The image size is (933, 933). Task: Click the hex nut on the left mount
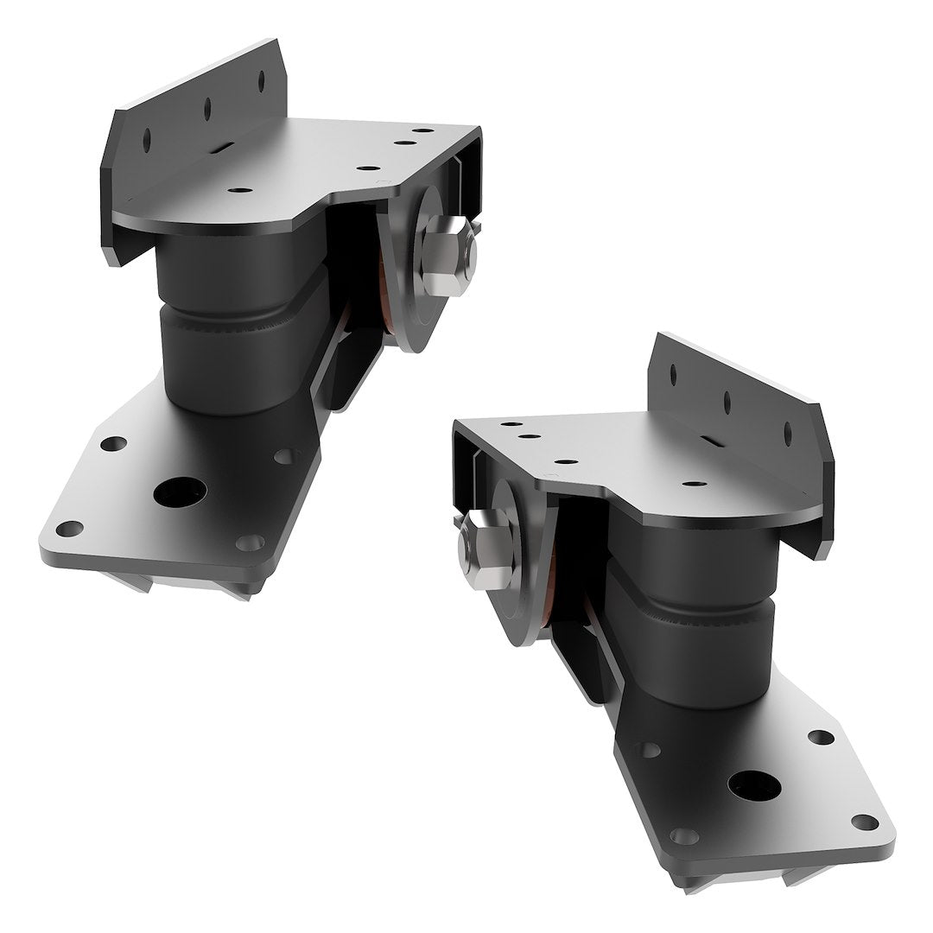coord(447,251)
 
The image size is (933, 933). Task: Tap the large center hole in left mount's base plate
coord(180,492)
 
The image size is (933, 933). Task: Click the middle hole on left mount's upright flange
coord(206,108)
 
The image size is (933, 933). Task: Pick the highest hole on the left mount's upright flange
coord(261,80)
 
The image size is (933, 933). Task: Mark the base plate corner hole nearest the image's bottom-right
coord(864,822)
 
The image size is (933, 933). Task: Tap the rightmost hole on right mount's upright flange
coord(788,432)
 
